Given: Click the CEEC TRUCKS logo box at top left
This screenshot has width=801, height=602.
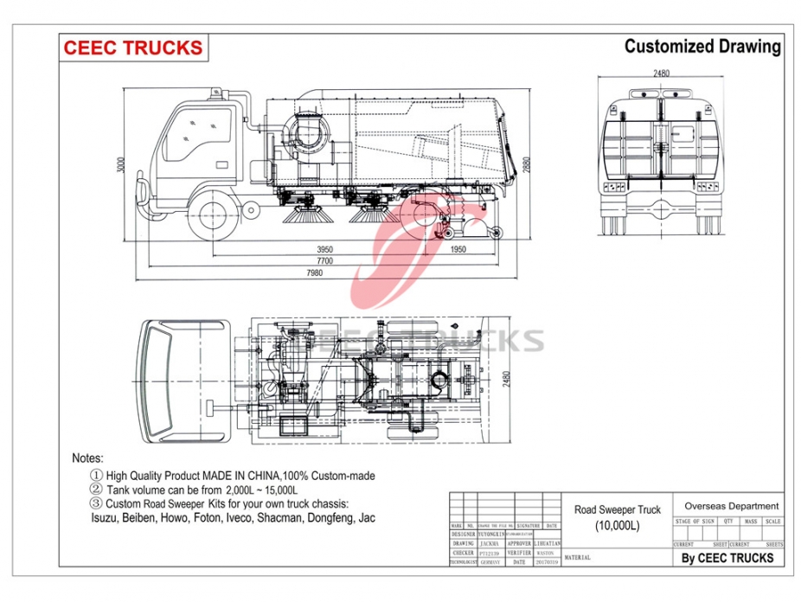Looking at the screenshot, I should [x=132, y=48].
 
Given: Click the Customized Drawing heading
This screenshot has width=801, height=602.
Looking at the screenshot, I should [x=702, y=47].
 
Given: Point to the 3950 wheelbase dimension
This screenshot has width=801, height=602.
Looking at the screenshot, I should [x=324, y=250].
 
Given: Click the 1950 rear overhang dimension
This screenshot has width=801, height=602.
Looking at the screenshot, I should [x=458, y=250].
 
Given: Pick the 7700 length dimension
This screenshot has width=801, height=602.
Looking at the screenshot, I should [x=324, y=261].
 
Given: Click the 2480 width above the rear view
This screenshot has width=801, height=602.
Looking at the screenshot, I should [x=661, y=74].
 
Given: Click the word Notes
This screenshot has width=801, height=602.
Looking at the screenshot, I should [x=87, y=458].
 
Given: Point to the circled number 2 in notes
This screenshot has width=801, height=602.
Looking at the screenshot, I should [x=96, y=490].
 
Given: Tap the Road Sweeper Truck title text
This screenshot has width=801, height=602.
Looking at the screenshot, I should [x=617, y=510].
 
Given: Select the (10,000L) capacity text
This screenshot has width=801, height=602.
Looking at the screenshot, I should [x=617, y=526].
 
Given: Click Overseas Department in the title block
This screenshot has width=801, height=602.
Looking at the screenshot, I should [x=731, y=506].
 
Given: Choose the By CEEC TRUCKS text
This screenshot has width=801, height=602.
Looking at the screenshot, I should [x=727, y=558].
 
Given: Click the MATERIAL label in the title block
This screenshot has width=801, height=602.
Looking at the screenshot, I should [x=577, y=558].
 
